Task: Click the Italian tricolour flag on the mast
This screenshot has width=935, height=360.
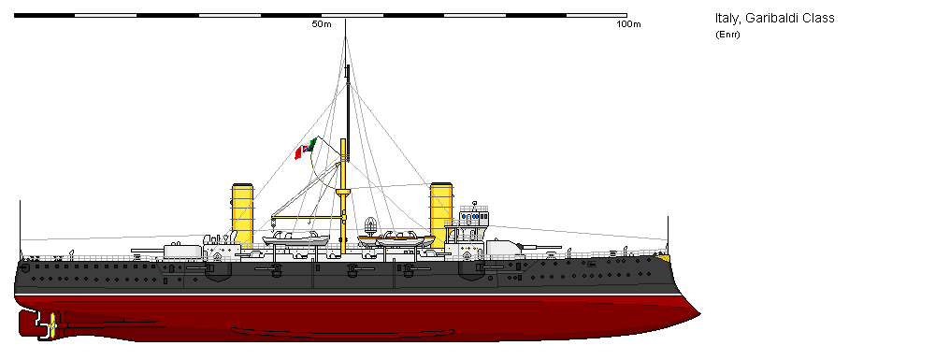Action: point(307,148)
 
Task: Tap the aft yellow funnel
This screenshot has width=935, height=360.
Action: point(243,214)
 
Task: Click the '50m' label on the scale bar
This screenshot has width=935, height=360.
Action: point(321,24)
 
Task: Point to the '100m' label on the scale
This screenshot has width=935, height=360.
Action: point(627,24)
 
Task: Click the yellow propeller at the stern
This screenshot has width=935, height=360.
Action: point(52,324)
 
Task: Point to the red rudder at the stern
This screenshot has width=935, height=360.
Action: point(29,324)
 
